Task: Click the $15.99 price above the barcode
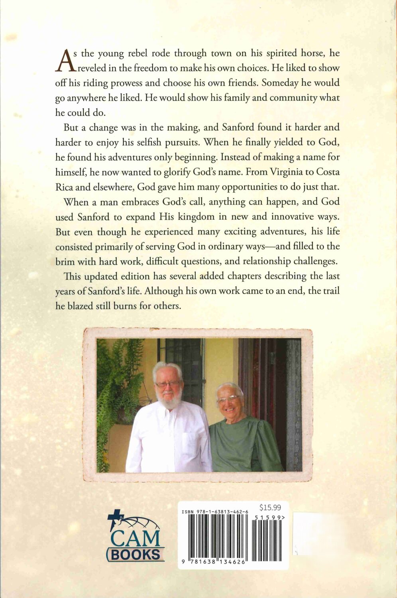tap(270, 508)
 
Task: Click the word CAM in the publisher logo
tap(135, 539)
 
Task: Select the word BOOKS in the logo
tap(136, 555)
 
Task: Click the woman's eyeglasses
tap(229, 398)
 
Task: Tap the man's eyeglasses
tap(167, 384)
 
